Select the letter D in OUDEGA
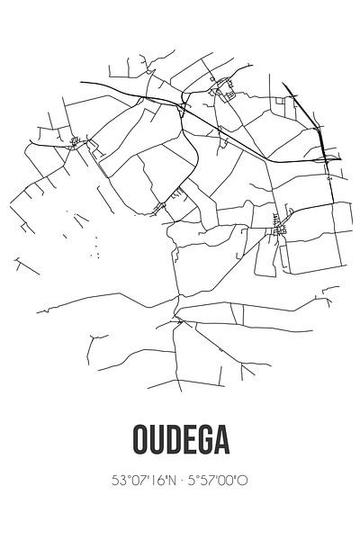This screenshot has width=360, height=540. (171, 442)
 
